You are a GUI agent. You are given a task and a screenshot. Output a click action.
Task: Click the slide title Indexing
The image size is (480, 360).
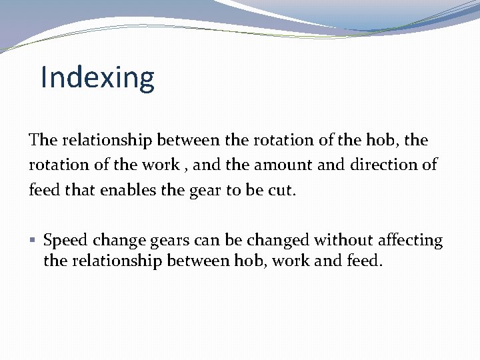tap(97, 78)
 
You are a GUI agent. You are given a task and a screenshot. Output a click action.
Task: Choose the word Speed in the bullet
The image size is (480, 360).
tap(66, 241)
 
